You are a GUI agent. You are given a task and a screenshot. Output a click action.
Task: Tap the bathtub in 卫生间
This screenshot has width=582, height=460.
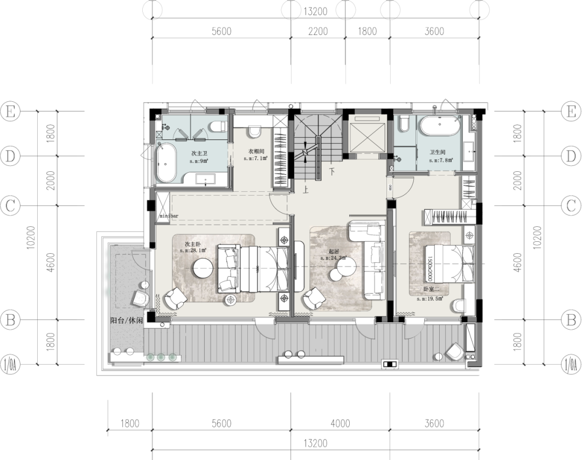(440, 128)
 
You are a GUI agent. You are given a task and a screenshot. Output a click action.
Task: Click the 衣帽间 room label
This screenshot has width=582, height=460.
(255, 151)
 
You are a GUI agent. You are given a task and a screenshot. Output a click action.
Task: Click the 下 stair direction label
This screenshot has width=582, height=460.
(332, 171)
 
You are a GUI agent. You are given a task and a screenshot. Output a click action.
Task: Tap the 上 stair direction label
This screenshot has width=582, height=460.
(306, 190)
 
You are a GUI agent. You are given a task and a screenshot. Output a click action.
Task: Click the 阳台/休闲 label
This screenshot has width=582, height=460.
(127, 320)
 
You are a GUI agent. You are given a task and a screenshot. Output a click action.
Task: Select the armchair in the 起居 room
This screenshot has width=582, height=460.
(313, 298)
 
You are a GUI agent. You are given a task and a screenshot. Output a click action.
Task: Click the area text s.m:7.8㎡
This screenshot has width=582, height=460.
(441, 160)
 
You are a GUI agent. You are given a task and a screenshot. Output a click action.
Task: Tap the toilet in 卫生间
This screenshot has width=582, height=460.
(404, 126)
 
